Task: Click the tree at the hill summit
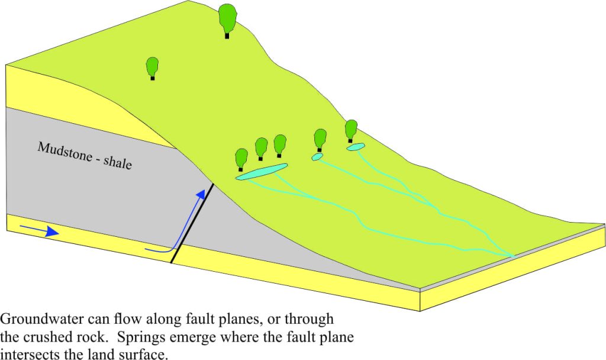(x=227, y=20)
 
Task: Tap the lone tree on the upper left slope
(x=152, y=68)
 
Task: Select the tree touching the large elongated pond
(x=241, y=159)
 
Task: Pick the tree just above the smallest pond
(x=320, y=140)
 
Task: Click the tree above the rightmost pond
(x=351, y=131)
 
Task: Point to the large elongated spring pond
(x=262, y=172)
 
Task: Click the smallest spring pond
(x=317, y=156)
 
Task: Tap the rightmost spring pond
(x=356, y=147)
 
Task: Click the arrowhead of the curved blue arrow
(x=201, y=194)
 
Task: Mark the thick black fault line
(x=192, y=223)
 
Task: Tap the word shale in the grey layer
(x=118, y=162)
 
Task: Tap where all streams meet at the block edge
(x=513, y=256)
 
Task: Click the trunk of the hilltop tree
(x=227, y=36)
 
